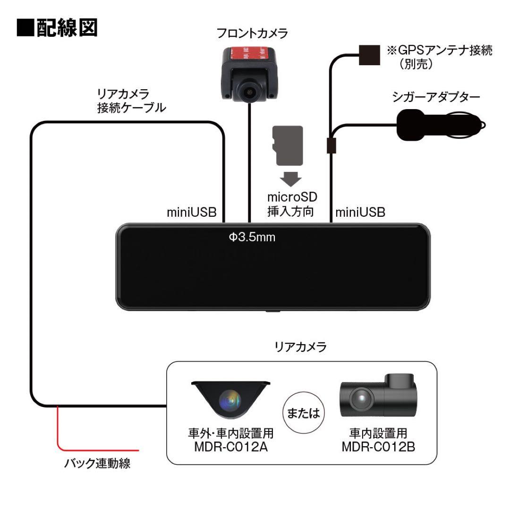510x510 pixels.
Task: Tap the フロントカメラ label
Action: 252,34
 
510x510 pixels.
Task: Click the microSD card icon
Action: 288,145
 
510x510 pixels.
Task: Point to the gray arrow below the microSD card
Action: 289,178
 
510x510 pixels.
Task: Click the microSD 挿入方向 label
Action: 289,204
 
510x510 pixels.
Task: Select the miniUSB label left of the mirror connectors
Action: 191,212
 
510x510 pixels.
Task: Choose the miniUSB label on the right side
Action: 360,212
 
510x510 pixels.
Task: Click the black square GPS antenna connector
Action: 369,55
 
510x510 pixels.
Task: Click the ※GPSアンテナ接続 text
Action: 439,51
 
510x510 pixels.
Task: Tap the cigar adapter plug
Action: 437,125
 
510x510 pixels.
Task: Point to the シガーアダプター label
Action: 436,97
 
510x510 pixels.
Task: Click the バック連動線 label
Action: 97,463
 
